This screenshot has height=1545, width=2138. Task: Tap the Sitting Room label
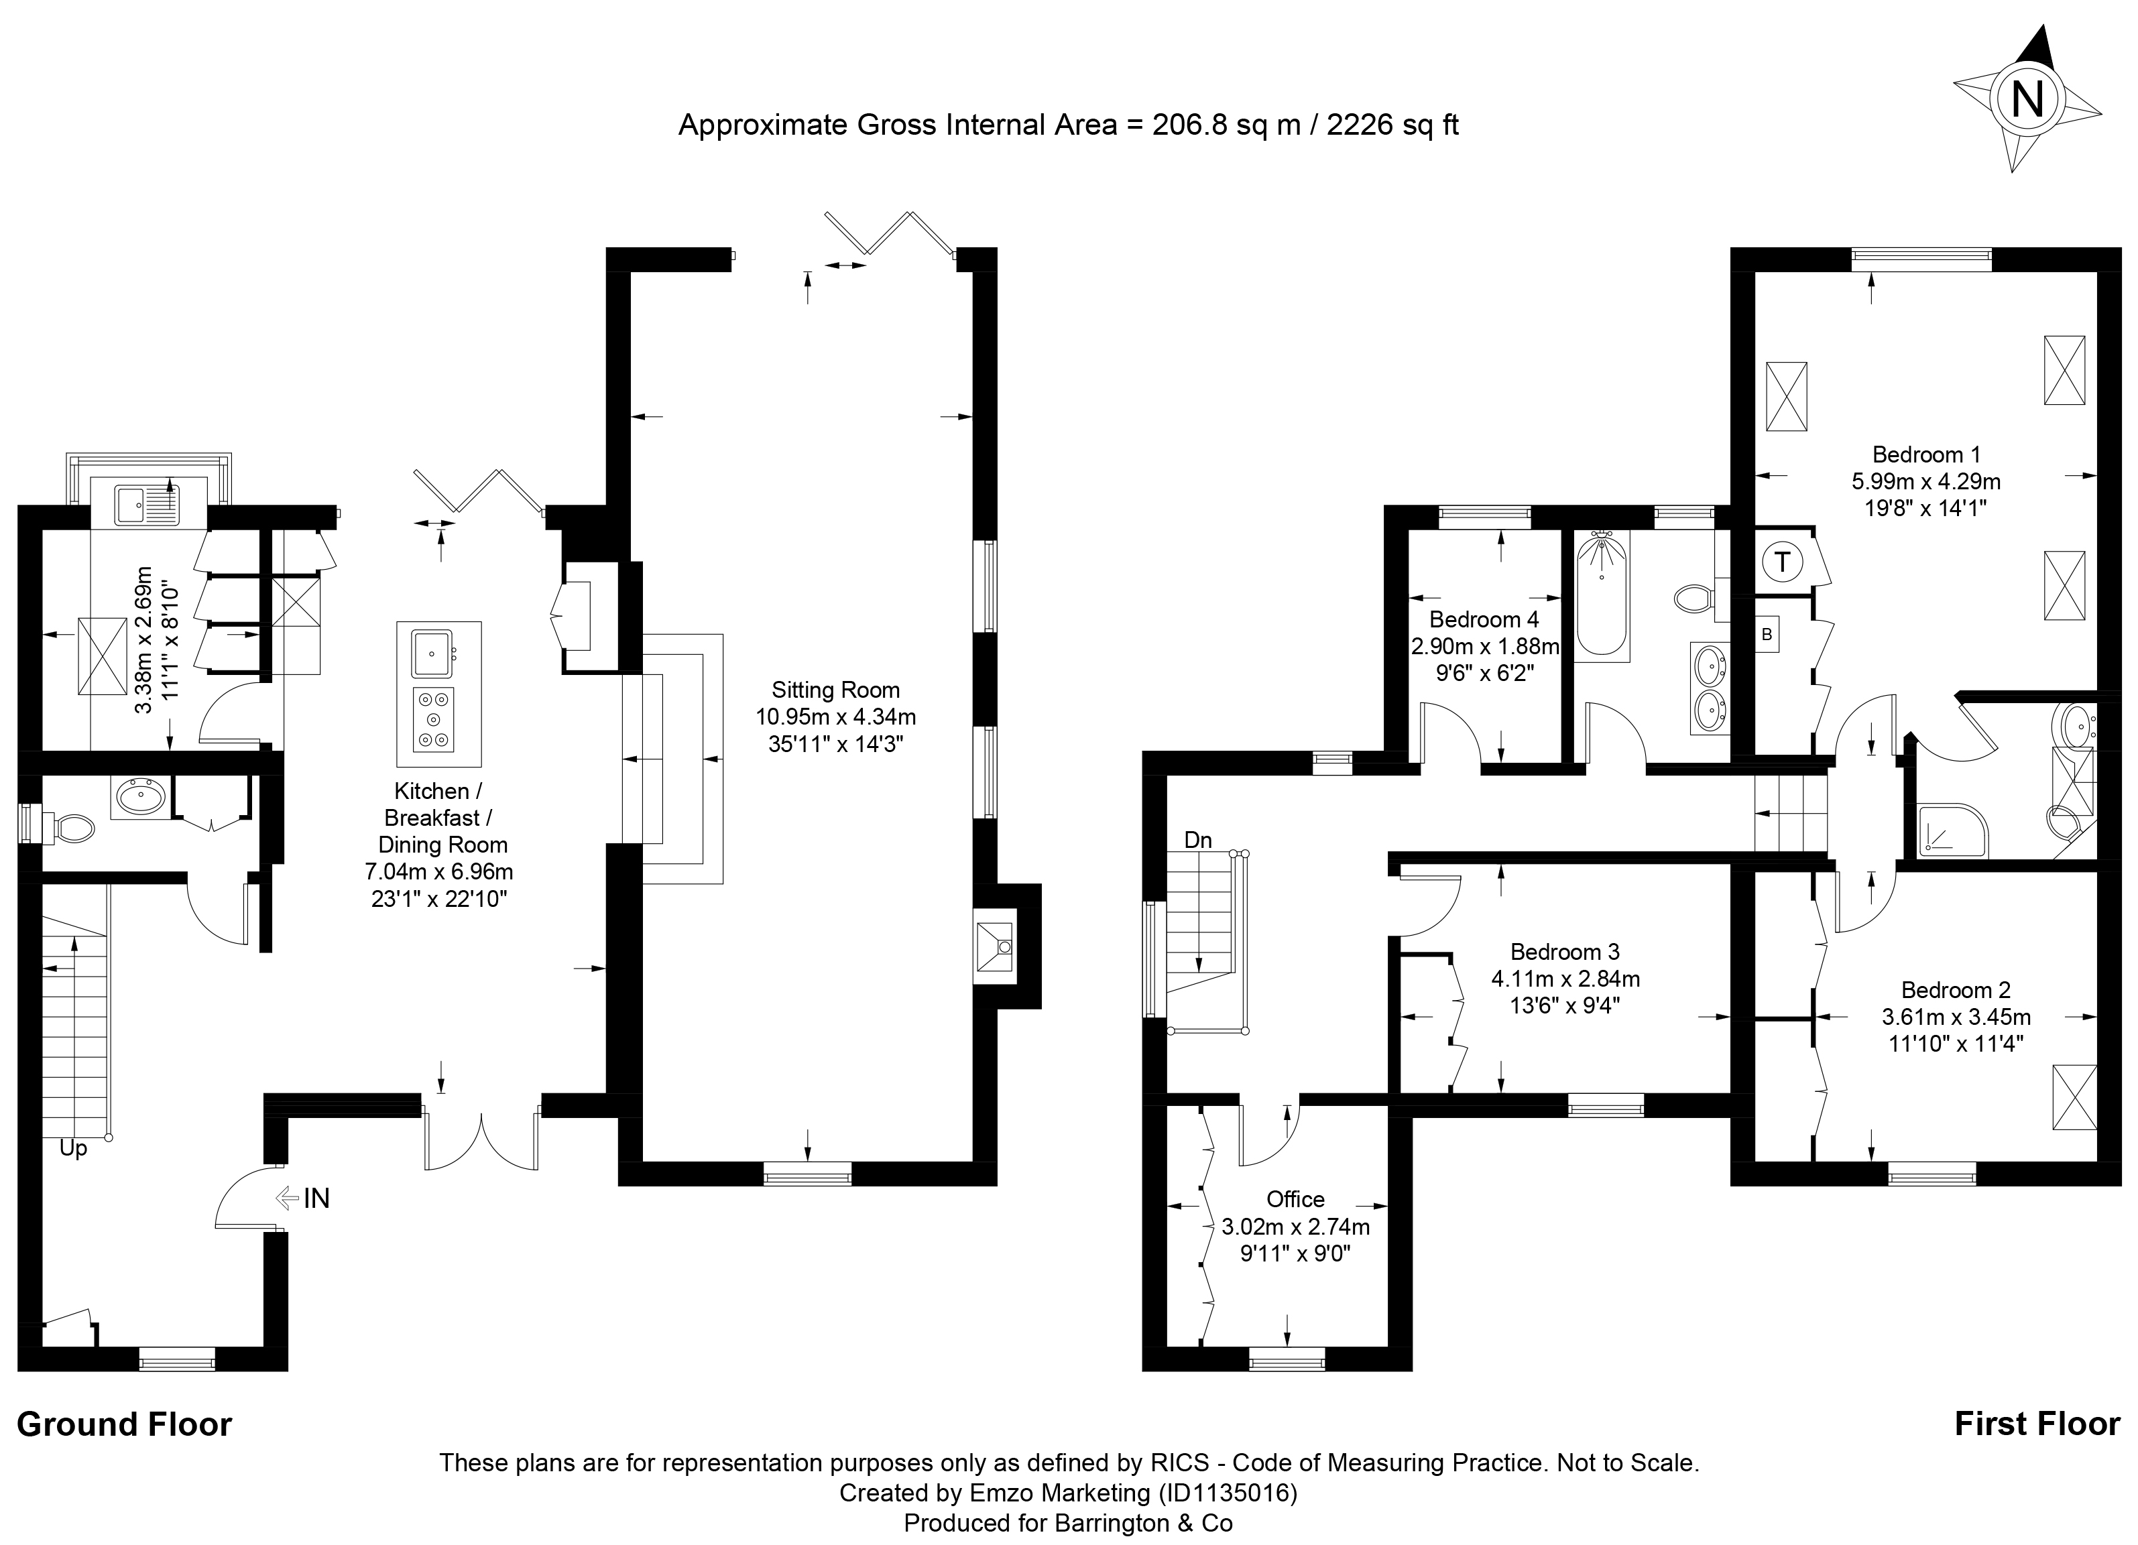[x=835, y=690]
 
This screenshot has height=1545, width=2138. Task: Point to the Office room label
[x=1295, y=1199]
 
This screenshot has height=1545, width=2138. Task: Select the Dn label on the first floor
[x=1198, y=840]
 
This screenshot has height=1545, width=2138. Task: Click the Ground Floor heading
[x=125, y=1424]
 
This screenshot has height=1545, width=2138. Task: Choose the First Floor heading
[x=2037, y=1424]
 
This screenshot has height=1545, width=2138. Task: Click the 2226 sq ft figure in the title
[x=1392, y=125]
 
